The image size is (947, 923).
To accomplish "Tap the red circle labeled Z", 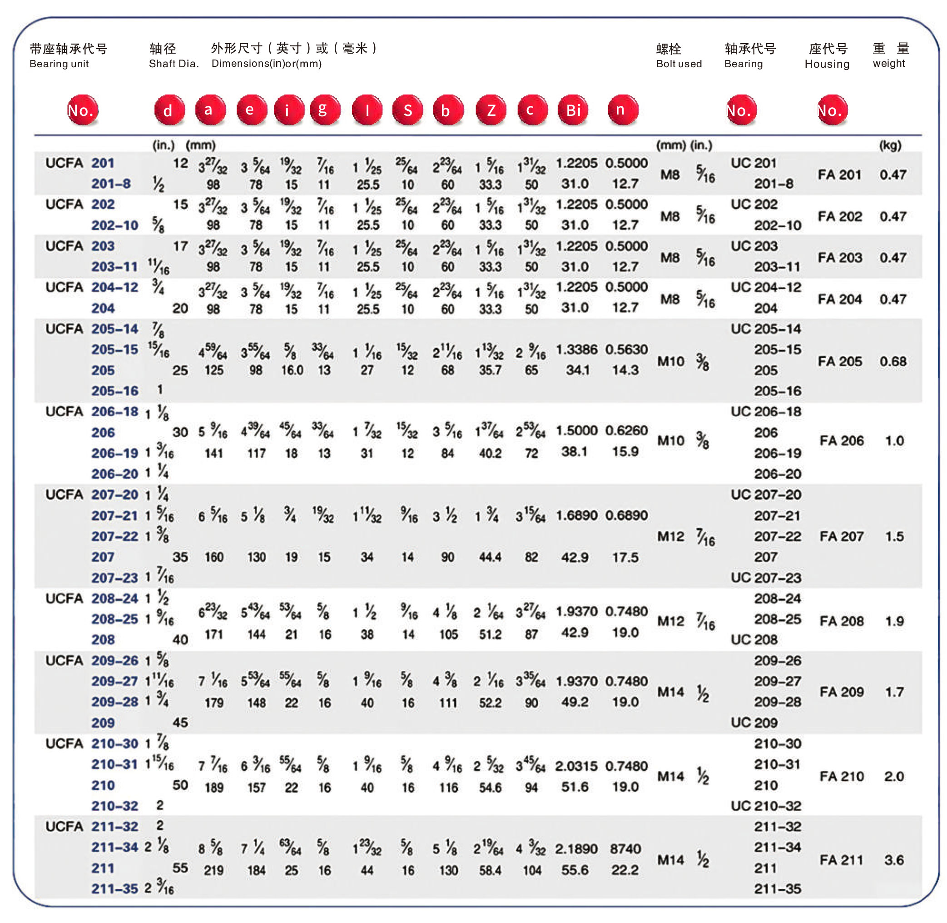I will [x=491, y=110].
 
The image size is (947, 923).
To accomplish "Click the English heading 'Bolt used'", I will [x=678, y=64].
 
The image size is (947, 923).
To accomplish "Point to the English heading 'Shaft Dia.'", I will [x=174, y=64].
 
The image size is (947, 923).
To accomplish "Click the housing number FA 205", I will [x=839, y=361].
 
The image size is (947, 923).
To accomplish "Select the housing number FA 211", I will [x=840, y=860].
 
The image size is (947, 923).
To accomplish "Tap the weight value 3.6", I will [x=893, y=860].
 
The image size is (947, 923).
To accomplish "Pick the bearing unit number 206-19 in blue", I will [x=115, y=453].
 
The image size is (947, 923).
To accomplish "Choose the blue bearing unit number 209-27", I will [x=114, y=681].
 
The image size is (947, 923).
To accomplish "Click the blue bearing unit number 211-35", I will [x=114, y=888].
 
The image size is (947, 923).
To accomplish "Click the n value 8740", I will [x=625, y=849].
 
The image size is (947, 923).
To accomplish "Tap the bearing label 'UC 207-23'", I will [x=765, y=577].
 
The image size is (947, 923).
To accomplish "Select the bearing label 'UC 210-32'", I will [x=765, y=806].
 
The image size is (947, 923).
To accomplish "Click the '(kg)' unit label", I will [x=889, y=145].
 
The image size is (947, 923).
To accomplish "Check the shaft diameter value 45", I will [x=180, y=722].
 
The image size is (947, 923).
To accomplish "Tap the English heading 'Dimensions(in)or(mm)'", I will [x=266, y=64].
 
